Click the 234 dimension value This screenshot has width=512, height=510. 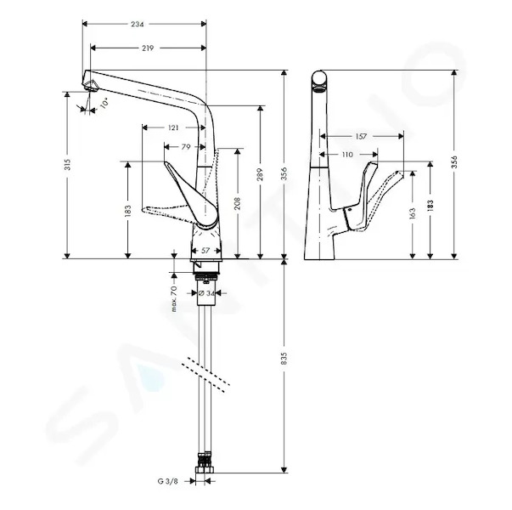(x=138, y=24)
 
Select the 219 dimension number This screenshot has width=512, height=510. (x=148, y=48)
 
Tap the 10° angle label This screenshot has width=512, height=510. (x=104, y=103)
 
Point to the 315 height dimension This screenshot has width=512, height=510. (x=67, y=164)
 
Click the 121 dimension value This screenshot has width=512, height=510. (x=173, y=127)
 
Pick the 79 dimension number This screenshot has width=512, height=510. (x=186, y=147)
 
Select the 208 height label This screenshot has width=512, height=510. (x=238, y=203)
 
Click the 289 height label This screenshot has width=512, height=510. (x=260, y=174)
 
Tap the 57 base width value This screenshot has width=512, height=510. (x=205, y=251)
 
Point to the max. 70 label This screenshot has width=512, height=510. (x=174, y=299)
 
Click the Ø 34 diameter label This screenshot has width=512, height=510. (x=206, y=293)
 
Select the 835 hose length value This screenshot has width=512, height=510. (x=284, y=359)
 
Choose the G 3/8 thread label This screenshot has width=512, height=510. (x=168, y=481)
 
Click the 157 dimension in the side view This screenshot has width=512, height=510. (x=361, y=137)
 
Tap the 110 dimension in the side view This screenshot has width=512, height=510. (x=347, y=155)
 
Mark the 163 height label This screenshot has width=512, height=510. (x=413, y=213)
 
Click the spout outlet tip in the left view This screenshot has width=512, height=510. (x=91, y=87)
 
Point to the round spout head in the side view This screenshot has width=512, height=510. (x=319, y=78)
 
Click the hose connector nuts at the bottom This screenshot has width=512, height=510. (x=205, y=463)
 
